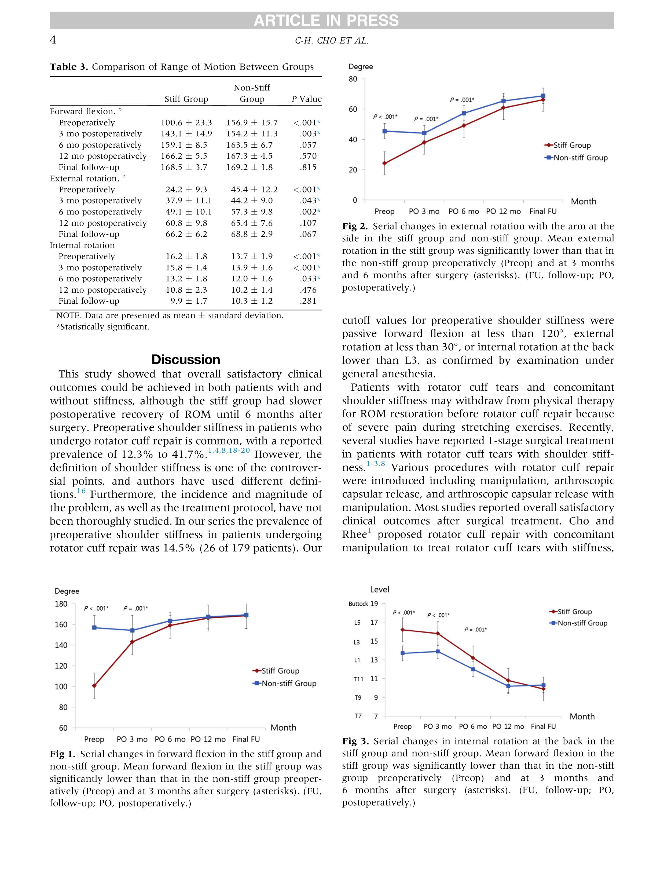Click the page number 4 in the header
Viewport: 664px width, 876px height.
coord(53,40)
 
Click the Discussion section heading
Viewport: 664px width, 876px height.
coord(186,359)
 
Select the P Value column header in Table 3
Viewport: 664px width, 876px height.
coord(307,99)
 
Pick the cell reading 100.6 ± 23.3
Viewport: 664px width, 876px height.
coord(186,123)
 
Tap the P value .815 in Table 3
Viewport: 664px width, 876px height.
coord(308,167)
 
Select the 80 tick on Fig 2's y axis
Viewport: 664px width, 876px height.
coord(353,79)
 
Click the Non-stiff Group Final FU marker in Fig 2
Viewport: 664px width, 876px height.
coord(543,96)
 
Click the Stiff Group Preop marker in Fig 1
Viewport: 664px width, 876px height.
coord(94,685)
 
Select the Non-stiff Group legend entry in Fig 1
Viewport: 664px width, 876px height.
coord(285,683)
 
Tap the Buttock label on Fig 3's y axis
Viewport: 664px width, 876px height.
coord(358,604)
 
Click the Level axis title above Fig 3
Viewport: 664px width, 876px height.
coord(379,590)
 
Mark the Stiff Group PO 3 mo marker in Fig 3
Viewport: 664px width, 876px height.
coord(438,633)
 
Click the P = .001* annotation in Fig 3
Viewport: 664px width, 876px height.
coord(475,630)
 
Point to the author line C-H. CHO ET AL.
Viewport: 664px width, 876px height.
coord(332,41)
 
